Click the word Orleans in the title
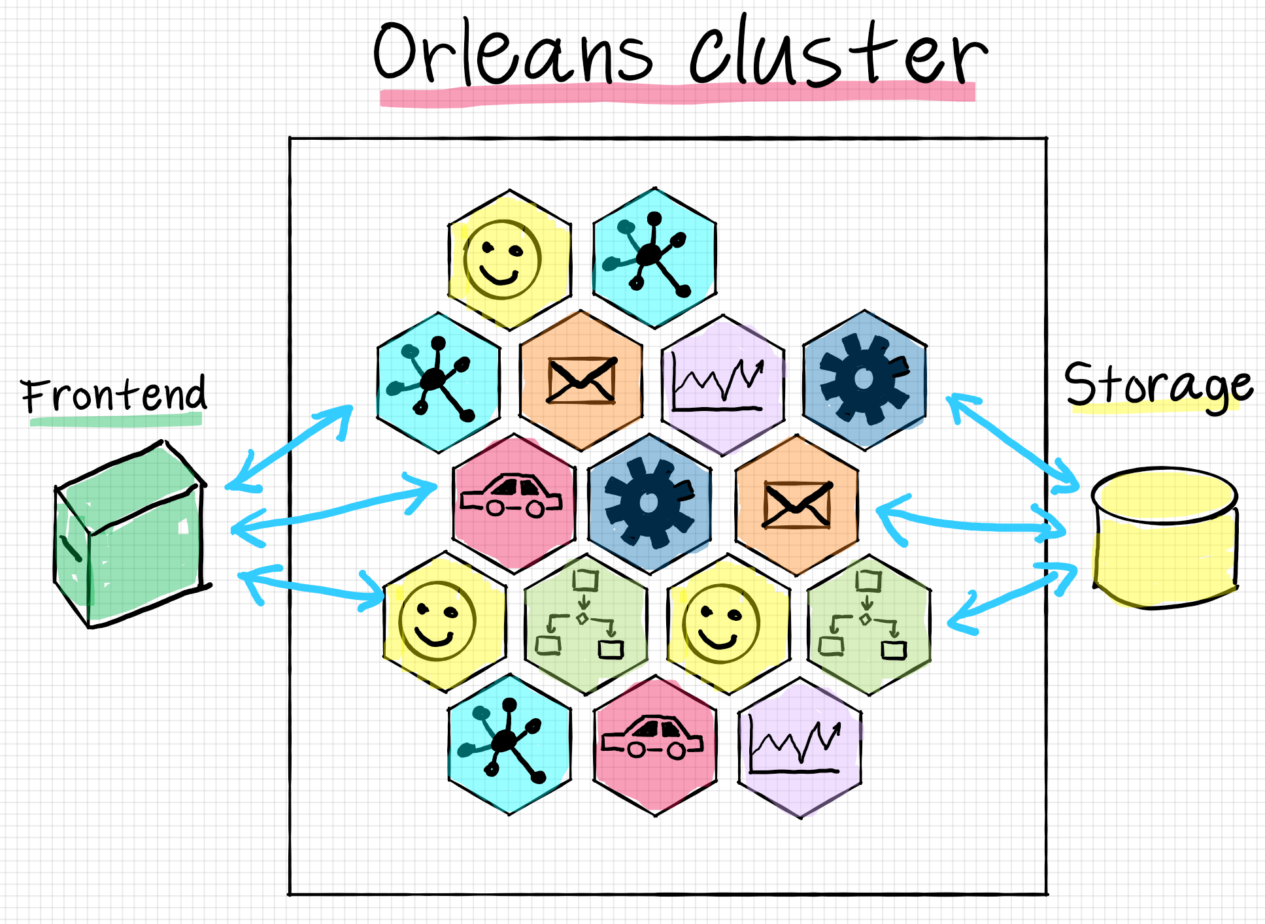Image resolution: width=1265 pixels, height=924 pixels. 513,56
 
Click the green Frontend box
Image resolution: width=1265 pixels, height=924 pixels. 131,536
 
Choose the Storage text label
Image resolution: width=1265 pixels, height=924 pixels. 1157,386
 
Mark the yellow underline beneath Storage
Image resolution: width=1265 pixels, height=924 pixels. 1154,408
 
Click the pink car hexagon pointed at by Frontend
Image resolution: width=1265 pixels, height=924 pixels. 514,503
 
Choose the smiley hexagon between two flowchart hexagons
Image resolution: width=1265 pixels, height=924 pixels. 728,624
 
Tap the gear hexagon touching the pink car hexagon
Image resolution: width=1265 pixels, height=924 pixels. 649,503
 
